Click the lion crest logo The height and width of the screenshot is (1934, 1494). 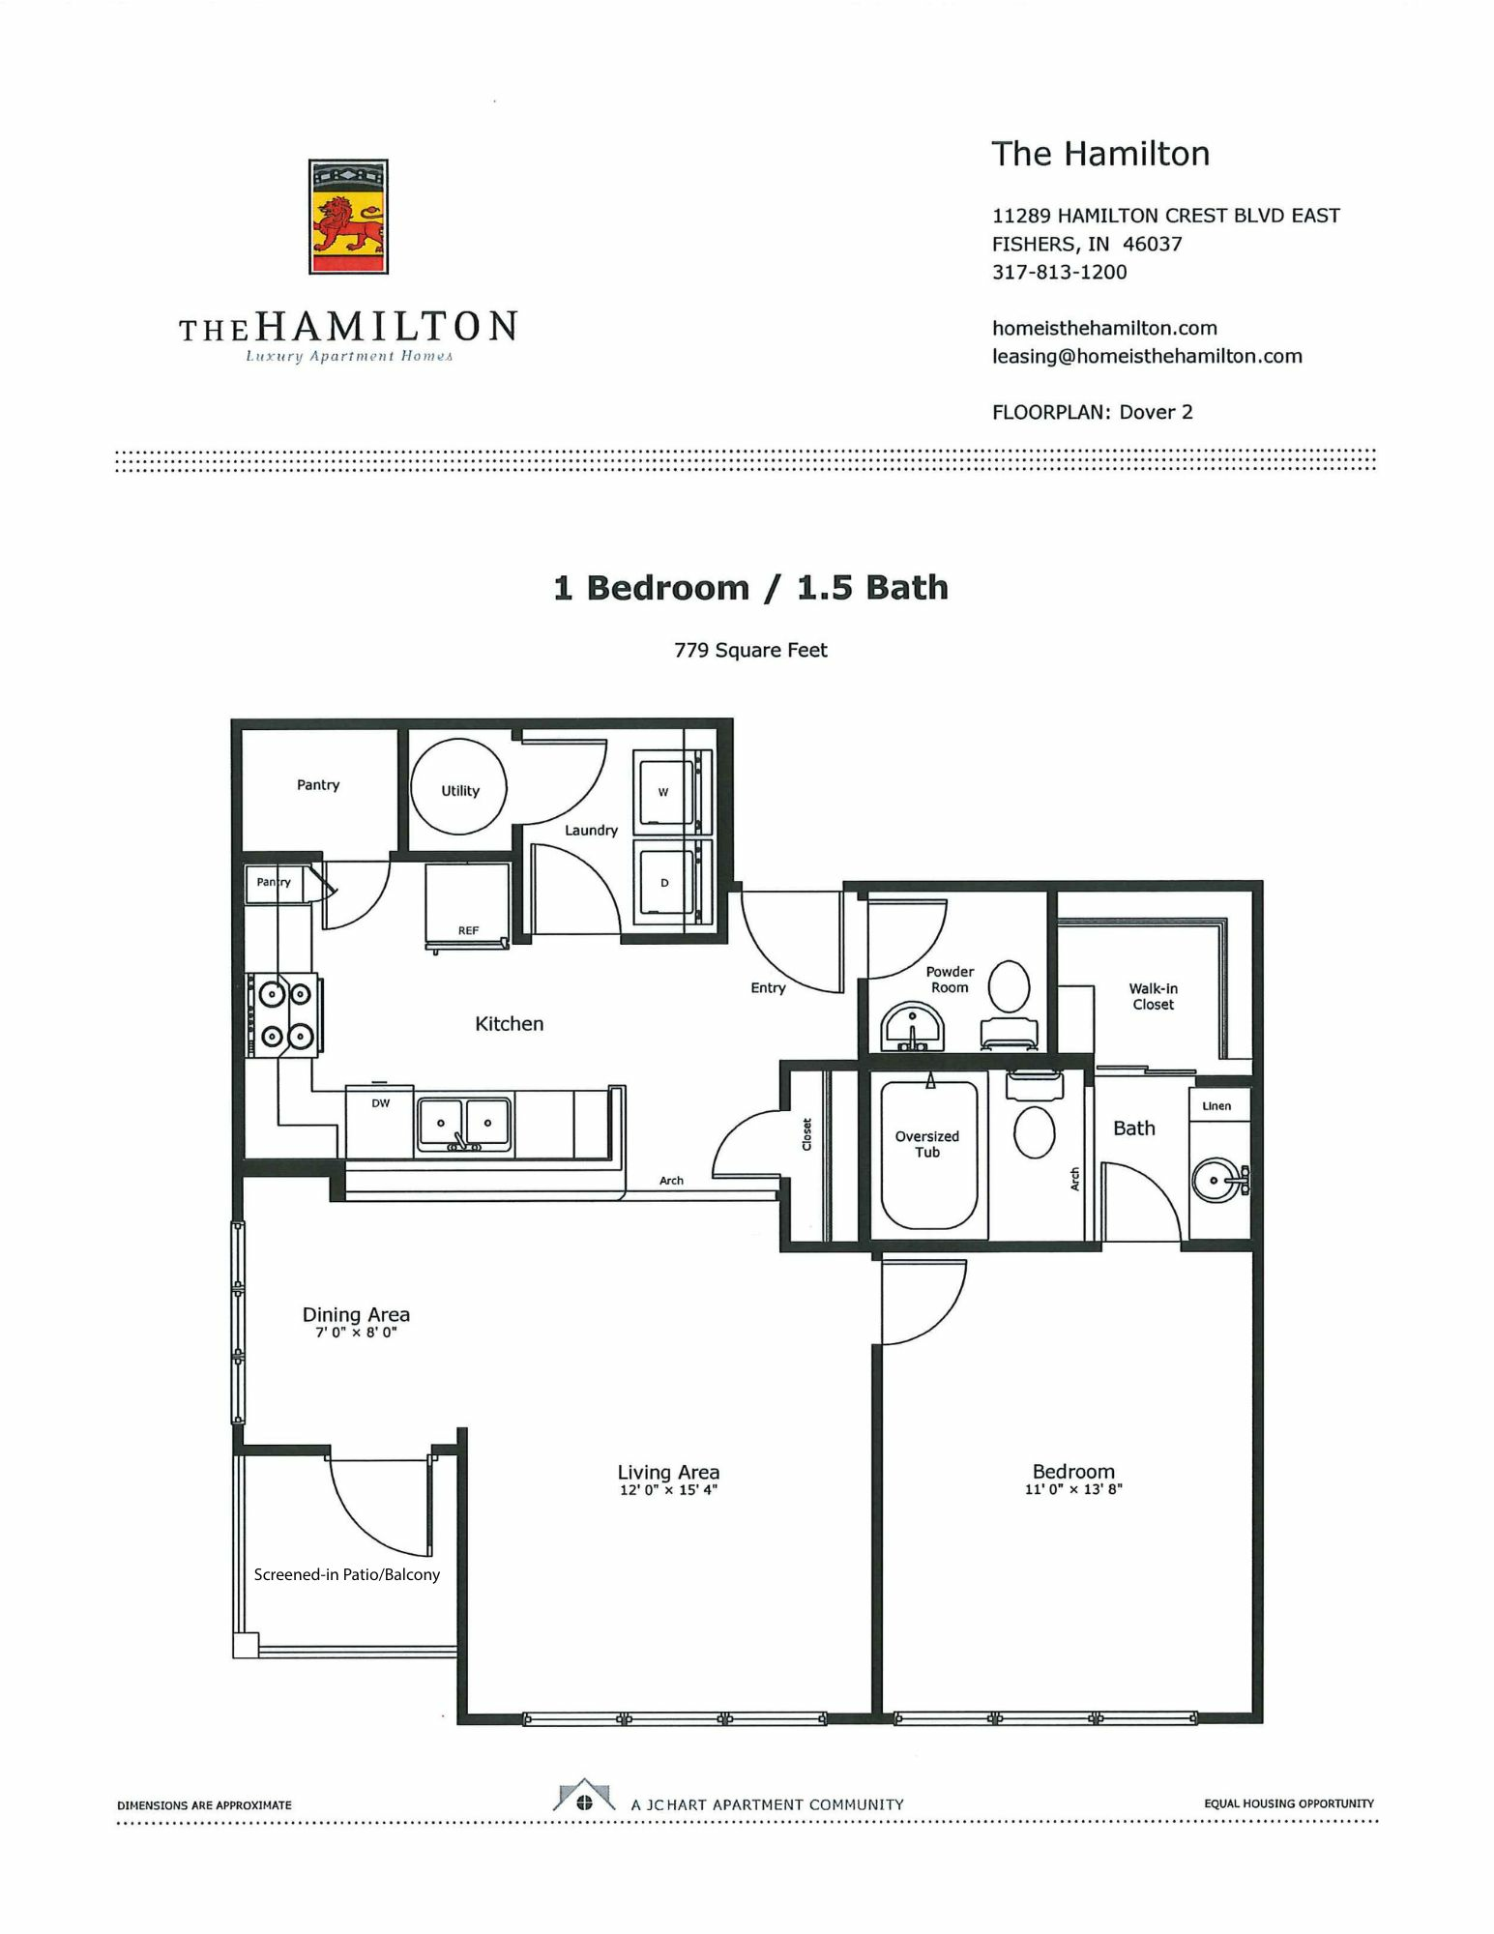coord(348,217)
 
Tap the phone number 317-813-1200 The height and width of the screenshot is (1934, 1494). coord(1059,272)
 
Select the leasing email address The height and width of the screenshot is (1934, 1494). coord(1147,356)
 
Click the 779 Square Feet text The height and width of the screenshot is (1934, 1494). coord(750,650)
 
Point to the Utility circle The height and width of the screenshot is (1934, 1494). coord(458,786)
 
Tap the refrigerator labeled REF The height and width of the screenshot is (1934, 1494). coord(468,907)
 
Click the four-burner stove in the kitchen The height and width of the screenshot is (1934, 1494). coord(284,1014)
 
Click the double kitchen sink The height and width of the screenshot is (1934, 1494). coord(464,1125)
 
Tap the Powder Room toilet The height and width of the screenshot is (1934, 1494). coord(1010,1003)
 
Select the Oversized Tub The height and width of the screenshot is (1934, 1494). coord(928,1154)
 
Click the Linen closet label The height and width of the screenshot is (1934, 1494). coord(1216,1106)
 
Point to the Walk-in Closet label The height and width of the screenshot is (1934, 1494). coord(1153,996)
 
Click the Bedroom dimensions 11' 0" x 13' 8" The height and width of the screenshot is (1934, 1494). coord(1073,1490)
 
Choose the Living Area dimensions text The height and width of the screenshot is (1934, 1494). coord(668,1490)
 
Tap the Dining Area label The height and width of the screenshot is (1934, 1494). coord(356,1314)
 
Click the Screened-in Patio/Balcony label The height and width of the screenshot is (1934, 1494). coord(347,1574)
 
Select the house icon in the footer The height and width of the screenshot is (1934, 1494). coord(584,1795)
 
